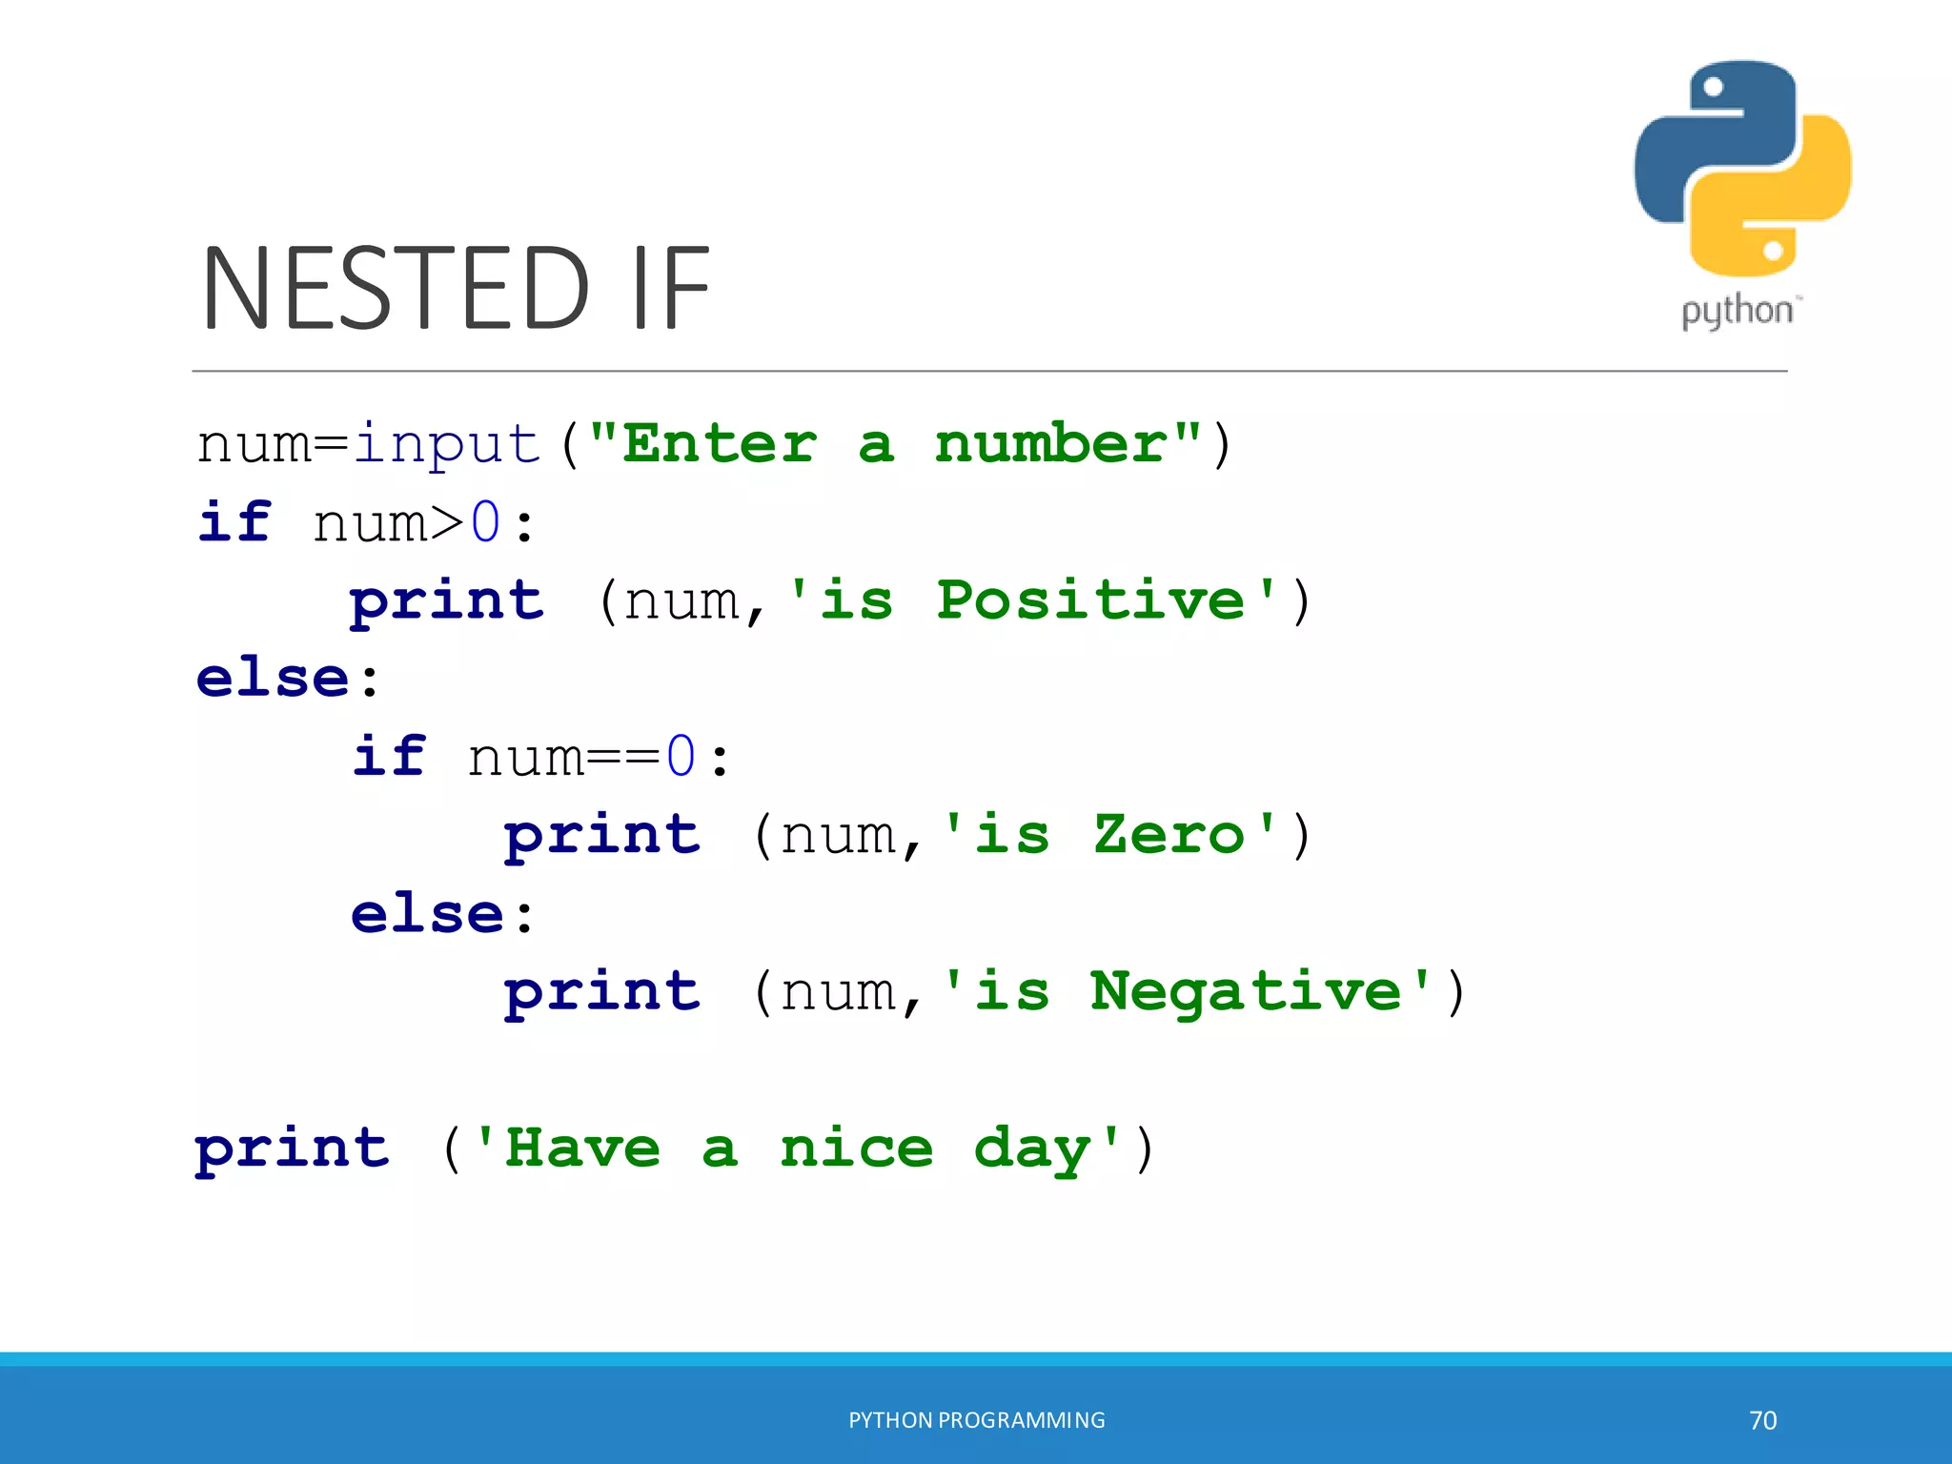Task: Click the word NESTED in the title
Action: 396,288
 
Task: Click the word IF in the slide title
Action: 671,288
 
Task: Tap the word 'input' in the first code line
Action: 447,444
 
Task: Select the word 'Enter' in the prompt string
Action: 720,444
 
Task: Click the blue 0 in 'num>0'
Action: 486,522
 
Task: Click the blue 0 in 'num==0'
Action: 681,757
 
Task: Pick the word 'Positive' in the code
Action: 1090,600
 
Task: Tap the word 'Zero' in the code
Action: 1169,835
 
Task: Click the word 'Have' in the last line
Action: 582,1148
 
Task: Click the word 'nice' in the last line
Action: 856,1148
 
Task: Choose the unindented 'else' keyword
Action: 273,679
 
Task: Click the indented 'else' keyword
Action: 427,913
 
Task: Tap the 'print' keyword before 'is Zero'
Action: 602,837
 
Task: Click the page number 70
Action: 1762,1420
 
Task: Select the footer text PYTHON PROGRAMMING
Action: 977,1420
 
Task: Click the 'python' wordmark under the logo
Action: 1737,312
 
